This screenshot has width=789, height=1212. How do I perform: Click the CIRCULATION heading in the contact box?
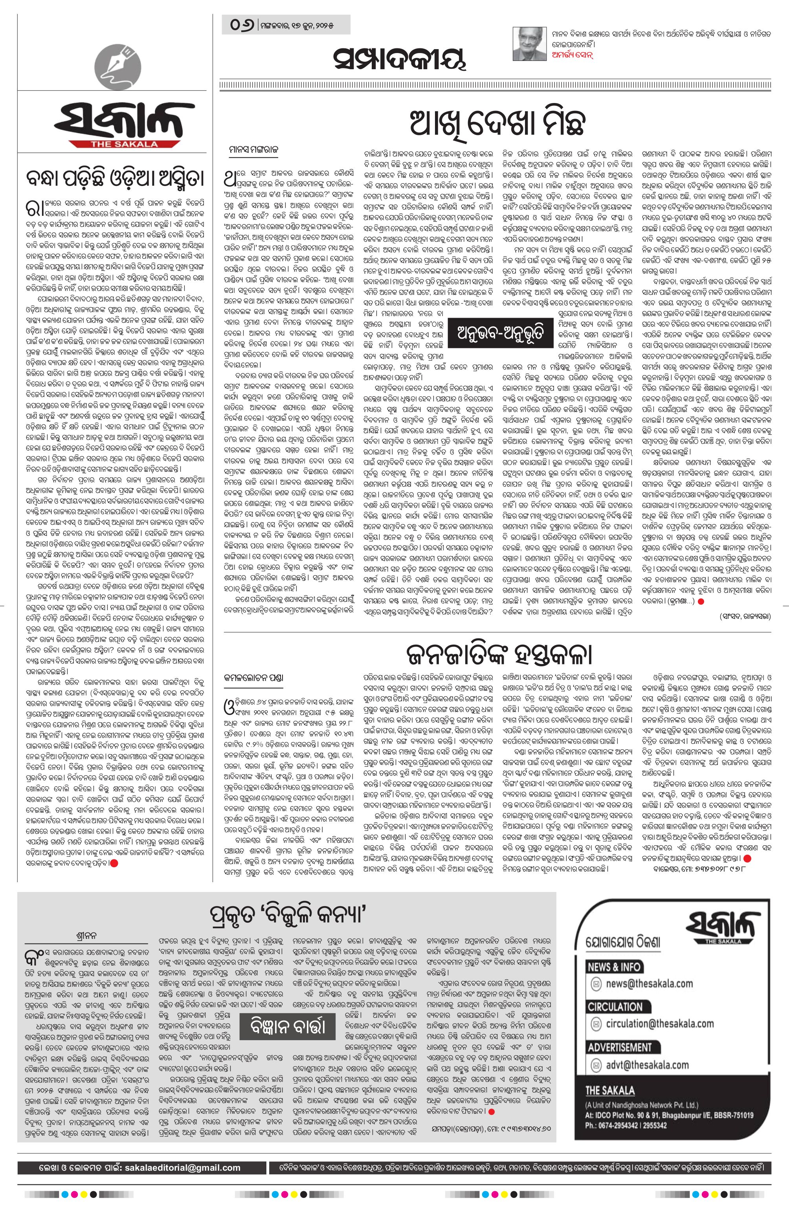point(615,1006)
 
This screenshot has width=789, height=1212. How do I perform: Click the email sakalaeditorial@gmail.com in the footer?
point(181,1153)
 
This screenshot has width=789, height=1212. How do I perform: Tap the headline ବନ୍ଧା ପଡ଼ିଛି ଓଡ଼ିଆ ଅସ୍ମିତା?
point(113,180)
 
